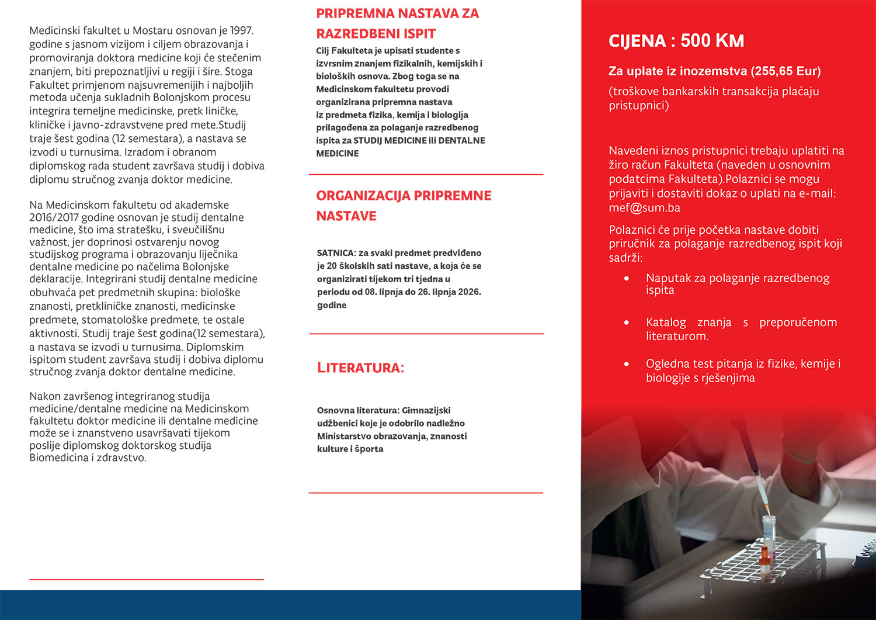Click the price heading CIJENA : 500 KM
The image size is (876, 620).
tap(676, 41)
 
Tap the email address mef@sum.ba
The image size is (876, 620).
tap(644, 208)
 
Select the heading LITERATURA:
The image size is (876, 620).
tap(360, 368)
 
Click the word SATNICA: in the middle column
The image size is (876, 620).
tap(336, 253)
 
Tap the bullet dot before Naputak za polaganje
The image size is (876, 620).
tap(627, 278)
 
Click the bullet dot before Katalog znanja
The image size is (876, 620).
tap(627, 322)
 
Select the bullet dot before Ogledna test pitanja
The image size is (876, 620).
tap(627, 363)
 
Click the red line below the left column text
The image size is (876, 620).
tap(146, 580)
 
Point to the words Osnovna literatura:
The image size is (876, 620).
tap(358, 410)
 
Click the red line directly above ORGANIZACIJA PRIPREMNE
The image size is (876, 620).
tap(426, 175)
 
